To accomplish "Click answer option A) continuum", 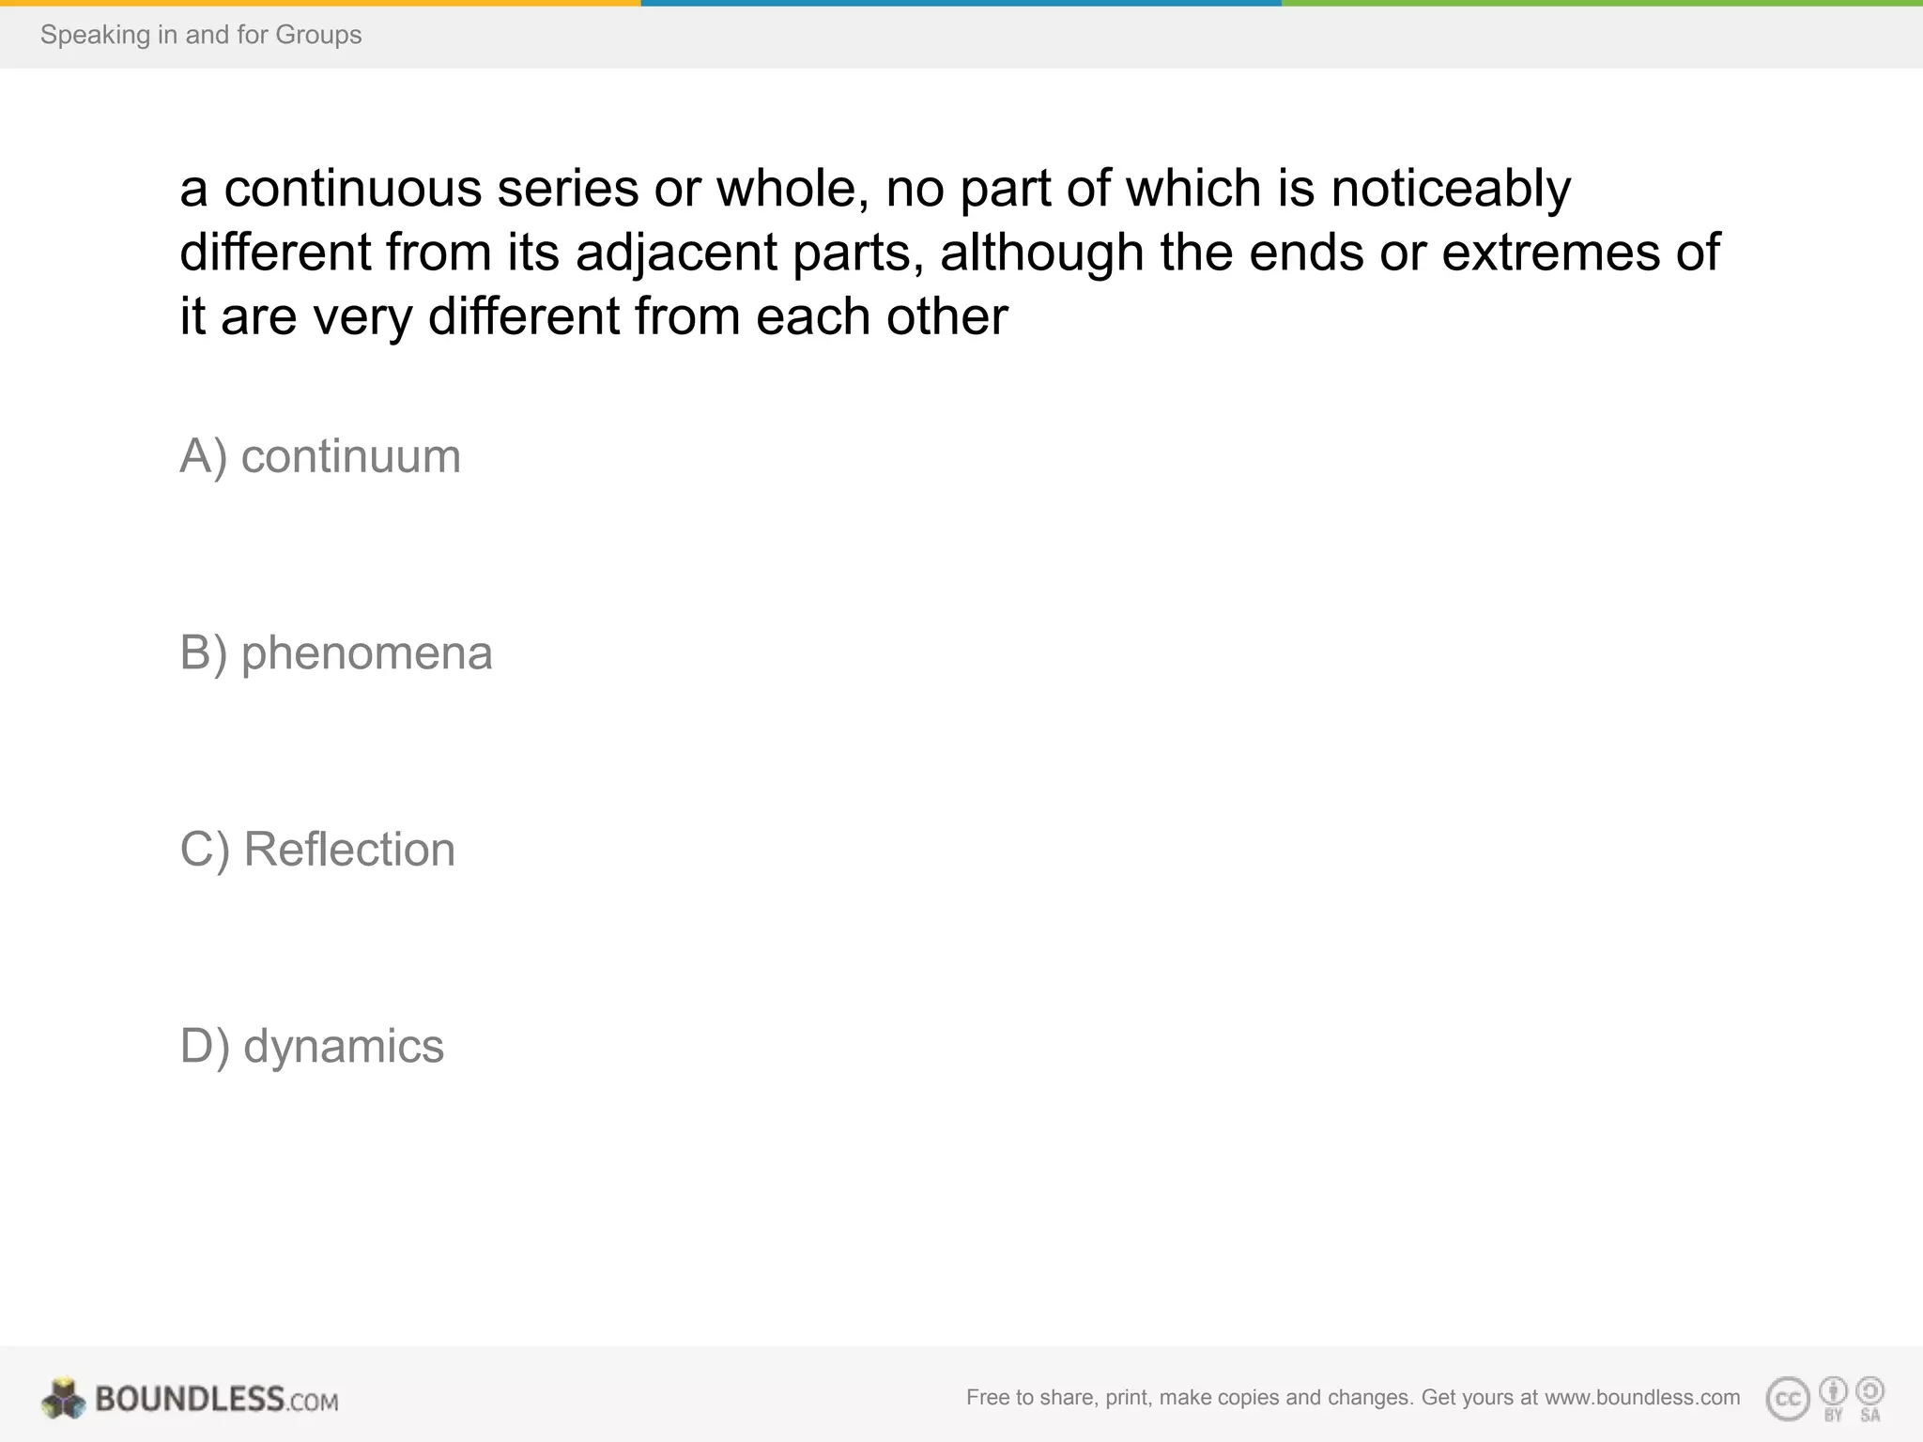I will pyautogui.click(x=320, y=457).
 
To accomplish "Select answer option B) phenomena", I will pyautogui.click(x=335, y=653).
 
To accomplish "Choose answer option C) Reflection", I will pyautogui.click(x=317, y=850).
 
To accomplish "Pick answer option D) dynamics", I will pyautogui.click(x=312, y=1046).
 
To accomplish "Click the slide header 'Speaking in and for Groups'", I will pyautogui.click(x=201, y=35).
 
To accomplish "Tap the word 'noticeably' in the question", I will pyautogui.click(x=1451, y=189).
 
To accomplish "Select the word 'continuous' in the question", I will pyautogui.click(x=352, y=189).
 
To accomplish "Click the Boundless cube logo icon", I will pyautogui.click(x=64, y=1398).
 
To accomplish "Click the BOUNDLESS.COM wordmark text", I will pyautogui.click(x=216, y=1399).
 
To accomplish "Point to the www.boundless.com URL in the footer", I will pyautogui.click(x=1642, y=1397).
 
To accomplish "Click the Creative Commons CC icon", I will pyautogui.click(x=1788, y=1399).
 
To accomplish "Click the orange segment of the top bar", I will pyautogui.click(x=320, y=3).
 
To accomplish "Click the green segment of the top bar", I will pyautogui.click(x=1602, y=3).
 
